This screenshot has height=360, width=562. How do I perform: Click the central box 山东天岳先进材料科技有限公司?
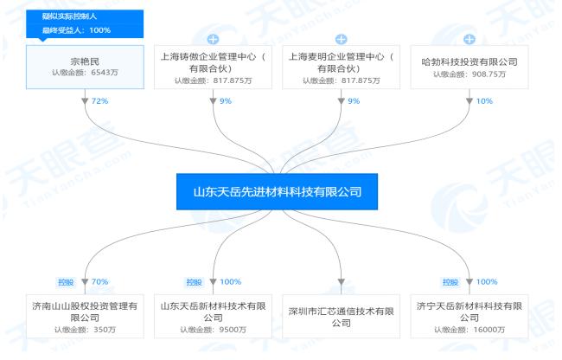pyautogui.click(x=277, y=191)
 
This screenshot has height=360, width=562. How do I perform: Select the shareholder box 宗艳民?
pyautogui.click(x=85, y=67)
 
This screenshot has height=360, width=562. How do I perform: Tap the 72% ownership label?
pyautogui.click(x=99, y=101)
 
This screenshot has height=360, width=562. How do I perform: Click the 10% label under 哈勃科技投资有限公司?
pyautogui.click(x=484, y=101)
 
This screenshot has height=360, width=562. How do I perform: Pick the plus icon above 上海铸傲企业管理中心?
pyautogui.click(x=213, y=39)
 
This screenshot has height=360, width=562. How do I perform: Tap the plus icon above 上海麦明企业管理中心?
pyautogui.click(x=342, y=39)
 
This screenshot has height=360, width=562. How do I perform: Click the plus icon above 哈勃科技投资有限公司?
pyautogui.click(x=469, y=39)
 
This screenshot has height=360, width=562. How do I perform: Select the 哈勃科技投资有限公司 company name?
pyautogui.click(x=469, y=61)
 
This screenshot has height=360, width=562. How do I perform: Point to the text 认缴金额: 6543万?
pyautogui.click(x=85, y=73)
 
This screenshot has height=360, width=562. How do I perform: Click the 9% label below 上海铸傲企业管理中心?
pyautogui.click(x=226, y=101)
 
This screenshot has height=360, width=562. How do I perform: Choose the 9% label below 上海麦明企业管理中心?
pyautogui.click(x=354, y=101)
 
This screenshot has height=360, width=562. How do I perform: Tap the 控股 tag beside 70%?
pyautogui.click(x=66, y=282)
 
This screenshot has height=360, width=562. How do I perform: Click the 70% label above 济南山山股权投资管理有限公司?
pyautogui.click(x=99, y=282)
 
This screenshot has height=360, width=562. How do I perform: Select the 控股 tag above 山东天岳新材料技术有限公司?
pyautogui.click(x=194, y=282)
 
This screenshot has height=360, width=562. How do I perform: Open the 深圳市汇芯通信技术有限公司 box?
pyautogui.click(x=342, y=316)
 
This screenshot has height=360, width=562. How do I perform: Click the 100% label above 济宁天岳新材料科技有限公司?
pyautogui.click(x=487, y=282)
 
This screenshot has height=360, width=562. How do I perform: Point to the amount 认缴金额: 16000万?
pyautogui.click(x=469, y=330)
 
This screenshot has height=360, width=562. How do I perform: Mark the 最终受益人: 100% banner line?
pyautogui.click(x=76, y=30)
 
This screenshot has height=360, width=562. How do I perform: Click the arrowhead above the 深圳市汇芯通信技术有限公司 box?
pyautogui.click(x=342, y=282)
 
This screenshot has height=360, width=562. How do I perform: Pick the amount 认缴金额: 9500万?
pyautogui.click(x=213, y=330)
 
